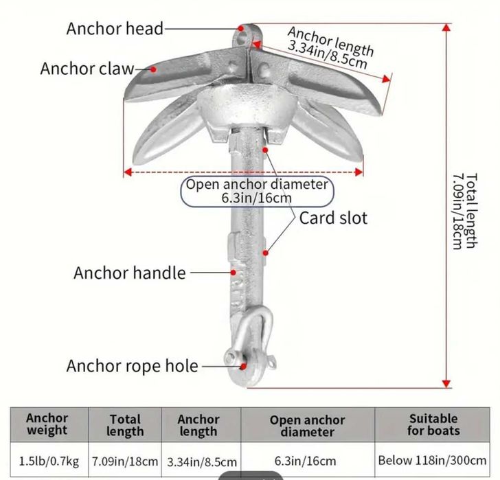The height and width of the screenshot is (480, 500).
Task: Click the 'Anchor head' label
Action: pos(115,29)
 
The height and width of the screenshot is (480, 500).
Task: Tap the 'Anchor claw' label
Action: pos(87,69)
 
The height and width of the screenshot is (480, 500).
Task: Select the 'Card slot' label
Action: pos(333,218)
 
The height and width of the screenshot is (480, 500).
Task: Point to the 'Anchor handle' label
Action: pos(130,273)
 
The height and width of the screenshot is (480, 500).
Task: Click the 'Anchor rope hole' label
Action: pos(133,365)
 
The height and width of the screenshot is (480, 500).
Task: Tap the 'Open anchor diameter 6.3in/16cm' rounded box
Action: pos(257,192)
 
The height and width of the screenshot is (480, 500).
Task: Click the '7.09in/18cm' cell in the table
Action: pos(125,461)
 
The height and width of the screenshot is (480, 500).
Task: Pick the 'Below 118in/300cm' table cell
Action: pos(433,461)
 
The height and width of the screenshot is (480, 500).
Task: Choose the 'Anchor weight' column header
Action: pos(47,424)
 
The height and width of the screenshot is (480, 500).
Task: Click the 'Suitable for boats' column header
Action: pos(433,424)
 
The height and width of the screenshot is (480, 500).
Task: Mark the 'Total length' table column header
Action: pos(125,425)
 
